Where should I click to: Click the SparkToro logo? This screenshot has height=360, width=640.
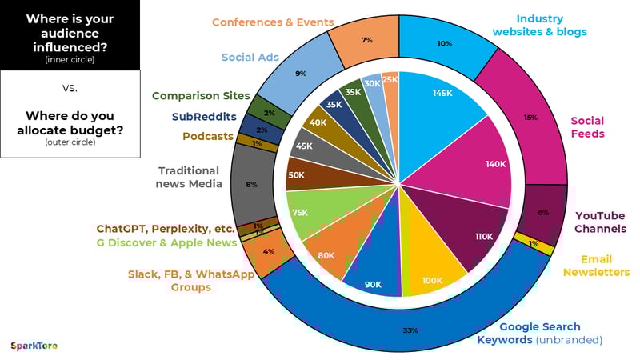(34, 346)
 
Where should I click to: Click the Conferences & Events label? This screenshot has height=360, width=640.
(273, 22)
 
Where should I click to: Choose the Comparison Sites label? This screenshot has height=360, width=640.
(202, 96)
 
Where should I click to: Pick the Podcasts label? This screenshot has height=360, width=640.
(208, 137)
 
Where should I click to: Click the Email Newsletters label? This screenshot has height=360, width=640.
(596, 265)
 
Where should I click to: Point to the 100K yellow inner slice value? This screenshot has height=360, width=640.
(433, 281)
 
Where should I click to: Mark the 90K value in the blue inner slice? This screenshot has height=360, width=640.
(374, 284)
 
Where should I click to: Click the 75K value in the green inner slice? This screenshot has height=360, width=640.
(301, 213)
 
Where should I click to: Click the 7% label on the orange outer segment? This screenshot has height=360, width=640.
(367, 40)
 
